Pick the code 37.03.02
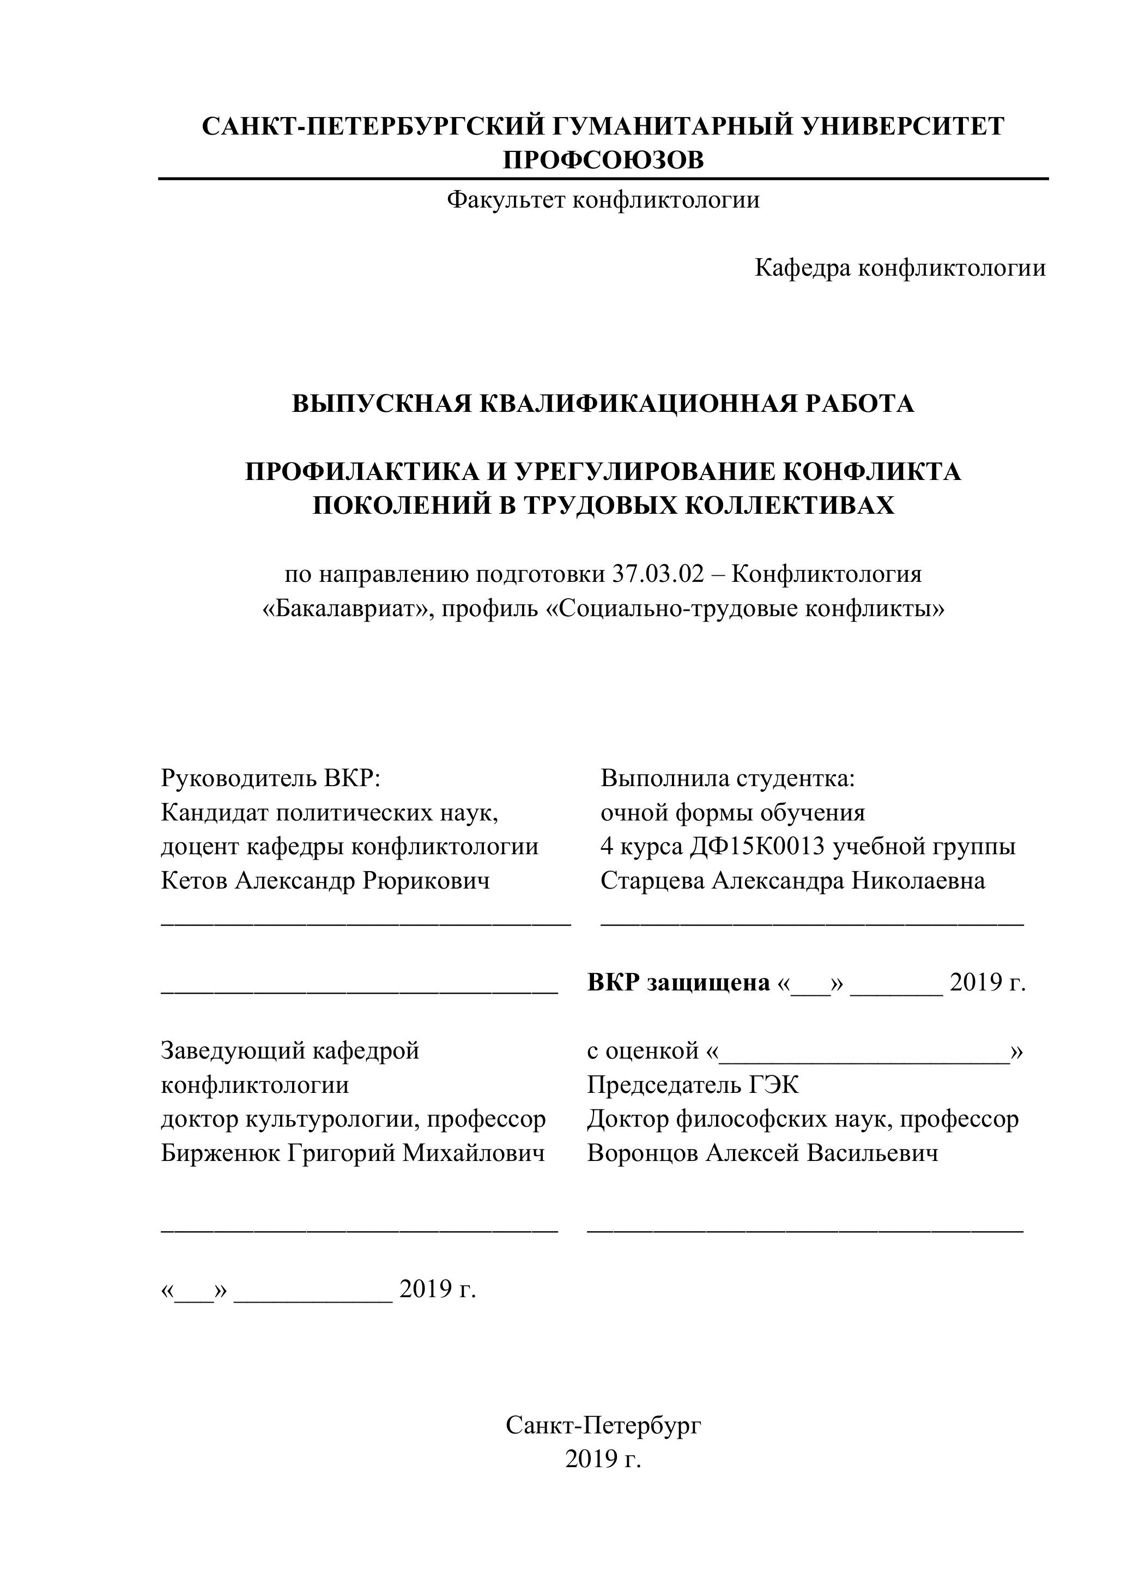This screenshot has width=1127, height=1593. (x=658, y=574)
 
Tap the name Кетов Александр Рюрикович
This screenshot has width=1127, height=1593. (x=325, y=880)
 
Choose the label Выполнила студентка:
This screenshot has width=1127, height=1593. (x=728, y=779)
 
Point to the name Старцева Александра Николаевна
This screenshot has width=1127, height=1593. (x=792, y=880)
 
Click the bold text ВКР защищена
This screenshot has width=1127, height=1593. (x=678, y=982)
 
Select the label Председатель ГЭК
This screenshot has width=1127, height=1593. (x=693, y=1085)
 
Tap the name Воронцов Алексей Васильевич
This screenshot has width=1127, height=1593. (x=762, y=1152)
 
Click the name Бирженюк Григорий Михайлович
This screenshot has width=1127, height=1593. (x=353, y=1152)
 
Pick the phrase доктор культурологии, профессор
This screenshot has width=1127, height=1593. (x=353, y=1118)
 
